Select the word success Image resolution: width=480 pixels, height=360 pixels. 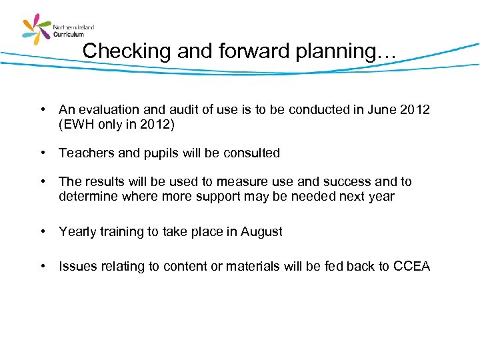[343, 181]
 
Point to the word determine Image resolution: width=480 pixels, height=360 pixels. [87, 196]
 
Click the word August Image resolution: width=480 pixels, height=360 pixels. [261, 232]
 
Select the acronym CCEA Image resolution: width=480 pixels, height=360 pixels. [411, 267]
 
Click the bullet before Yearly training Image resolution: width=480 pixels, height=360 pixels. [42, 231]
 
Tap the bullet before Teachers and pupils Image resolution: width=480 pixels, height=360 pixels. [42, 153]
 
